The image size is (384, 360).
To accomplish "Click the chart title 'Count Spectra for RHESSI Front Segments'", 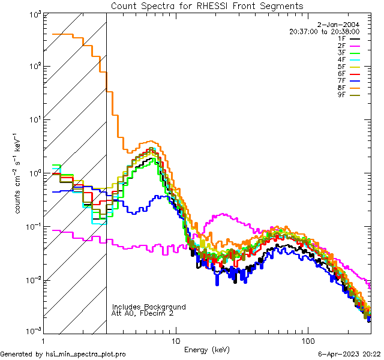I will (207, 6).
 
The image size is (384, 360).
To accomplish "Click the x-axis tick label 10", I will (175, 340).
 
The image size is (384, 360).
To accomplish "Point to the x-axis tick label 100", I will (308, 340).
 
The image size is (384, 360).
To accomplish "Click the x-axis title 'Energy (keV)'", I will (206, 349).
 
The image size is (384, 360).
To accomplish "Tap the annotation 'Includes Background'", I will (149, 307).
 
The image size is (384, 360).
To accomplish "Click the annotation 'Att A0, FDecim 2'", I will (143, 313).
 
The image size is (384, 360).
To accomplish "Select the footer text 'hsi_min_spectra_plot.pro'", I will (86, 355).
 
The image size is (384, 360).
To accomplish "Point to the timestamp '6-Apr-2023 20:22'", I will (347, 355).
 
